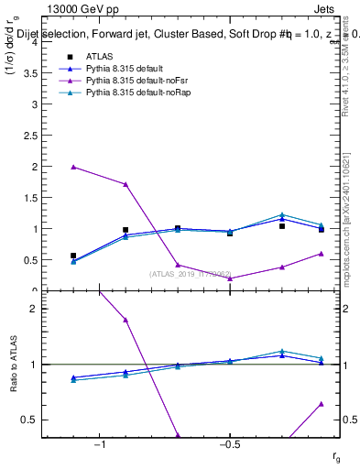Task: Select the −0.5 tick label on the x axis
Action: [228, 444]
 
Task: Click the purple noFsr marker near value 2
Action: [73, 167]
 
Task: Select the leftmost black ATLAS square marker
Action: [73, 256]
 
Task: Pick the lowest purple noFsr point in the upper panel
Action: [230, 278]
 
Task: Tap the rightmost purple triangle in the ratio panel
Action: [322, 403]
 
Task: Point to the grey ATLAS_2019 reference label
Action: [191, 273]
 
